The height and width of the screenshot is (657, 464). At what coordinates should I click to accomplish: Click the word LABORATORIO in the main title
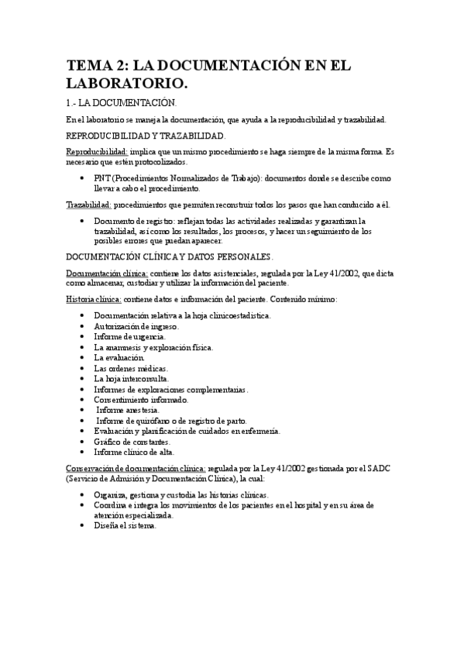coord(127,82)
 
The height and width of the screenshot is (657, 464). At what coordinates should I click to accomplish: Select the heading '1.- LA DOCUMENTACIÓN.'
coord(122,103)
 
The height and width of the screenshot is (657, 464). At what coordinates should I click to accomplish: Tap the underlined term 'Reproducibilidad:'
coord(97,152)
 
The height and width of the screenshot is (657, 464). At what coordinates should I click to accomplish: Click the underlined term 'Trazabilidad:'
coord(88,205)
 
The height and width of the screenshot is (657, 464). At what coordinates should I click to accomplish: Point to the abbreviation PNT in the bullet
coord(101,178)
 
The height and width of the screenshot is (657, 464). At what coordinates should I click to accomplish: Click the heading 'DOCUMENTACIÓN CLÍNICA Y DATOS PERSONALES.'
coord(170,256)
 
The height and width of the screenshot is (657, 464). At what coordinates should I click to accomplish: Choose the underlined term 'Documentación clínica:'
coord(106,273)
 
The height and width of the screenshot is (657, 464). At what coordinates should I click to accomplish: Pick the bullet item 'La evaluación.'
coord(119,358)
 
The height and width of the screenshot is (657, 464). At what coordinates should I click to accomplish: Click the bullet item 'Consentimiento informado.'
coord(141,400)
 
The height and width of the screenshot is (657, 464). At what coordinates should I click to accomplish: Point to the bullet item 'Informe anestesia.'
coord(129,410)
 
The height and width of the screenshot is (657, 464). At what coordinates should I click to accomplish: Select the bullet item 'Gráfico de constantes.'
coord(132,442)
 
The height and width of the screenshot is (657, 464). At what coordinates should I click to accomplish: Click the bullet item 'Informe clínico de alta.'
coord(134,452)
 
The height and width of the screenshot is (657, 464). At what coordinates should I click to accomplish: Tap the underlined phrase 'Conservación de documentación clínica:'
coord(136,469)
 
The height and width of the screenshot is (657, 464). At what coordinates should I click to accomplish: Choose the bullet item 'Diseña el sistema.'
coord(125,525)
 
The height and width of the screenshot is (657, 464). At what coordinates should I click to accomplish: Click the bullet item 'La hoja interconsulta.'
coord(132,379)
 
